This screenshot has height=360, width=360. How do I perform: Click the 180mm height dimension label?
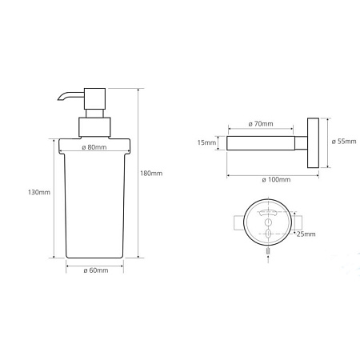(151, 174)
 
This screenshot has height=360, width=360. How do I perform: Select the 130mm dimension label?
(39, 192)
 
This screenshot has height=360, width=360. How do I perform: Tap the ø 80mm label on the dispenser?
(94, 147)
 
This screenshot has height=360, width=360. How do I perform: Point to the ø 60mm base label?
(96, 270)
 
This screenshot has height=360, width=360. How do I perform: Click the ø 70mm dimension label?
(261, 124)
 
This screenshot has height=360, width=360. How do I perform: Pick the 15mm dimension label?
(206, 142)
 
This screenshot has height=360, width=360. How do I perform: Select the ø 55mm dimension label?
(344, 142)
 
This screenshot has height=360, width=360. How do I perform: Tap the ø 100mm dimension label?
(276, 180)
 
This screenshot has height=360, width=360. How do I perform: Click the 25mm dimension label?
(306, 234)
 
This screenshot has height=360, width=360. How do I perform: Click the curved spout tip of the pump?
(59, 99)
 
